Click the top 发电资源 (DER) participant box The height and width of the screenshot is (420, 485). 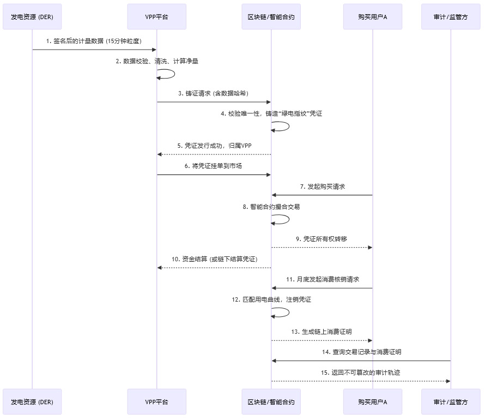(32, 17)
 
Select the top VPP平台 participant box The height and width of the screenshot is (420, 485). (156, 17)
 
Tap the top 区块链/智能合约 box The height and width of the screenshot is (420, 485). (271, 17)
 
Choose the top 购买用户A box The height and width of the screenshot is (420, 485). (373, 17)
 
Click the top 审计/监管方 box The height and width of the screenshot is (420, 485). (451, 17)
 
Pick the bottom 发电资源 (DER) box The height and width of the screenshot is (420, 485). (32, 402)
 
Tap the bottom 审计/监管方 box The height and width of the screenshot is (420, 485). (451, 402)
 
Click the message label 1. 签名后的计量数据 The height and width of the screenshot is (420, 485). (94, 41)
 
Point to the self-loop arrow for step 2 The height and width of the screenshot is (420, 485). (173, 74)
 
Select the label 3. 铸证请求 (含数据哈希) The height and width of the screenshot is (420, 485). (214, 93)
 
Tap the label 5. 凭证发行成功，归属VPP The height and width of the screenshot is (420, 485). (214, 146)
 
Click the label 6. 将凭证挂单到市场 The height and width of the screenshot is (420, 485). (214, 166)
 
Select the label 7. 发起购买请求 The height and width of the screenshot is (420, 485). (322, 186)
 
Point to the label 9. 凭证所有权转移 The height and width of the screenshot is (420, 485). (322, 238)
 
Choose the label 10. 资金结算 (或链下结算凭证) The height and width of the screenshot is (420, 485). (214, 259)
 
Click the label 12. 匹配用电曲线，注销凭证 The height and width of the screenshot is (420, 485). (271, 299)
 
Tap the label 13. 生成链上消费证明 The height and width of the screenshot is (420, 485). (322, 331)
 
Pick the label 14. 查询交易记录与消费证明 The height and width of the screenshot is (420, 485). (361, 352)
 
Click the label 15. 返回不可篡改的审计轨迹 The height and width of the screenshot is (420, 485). (361, 372)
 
